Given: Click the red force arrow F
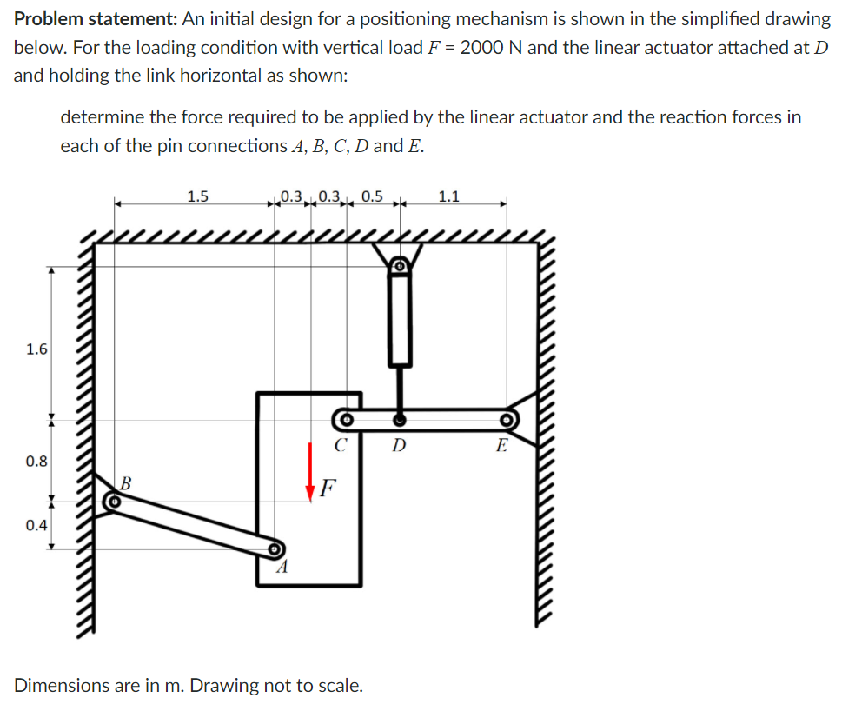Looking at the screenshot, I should coord(309,470).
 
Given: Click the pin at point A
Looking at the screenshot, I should coord(275,549).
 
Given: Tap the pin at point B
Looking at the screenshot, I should coord(112,502).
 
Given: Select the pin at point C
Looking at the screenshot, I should coord(344,421).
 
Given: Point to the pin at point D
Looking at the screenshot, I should coord(399,421).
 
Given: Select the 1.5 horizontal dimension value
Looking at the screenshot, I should coord(197,196).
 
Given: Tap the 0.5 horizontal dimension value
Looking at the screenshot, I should coord(371,196).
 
